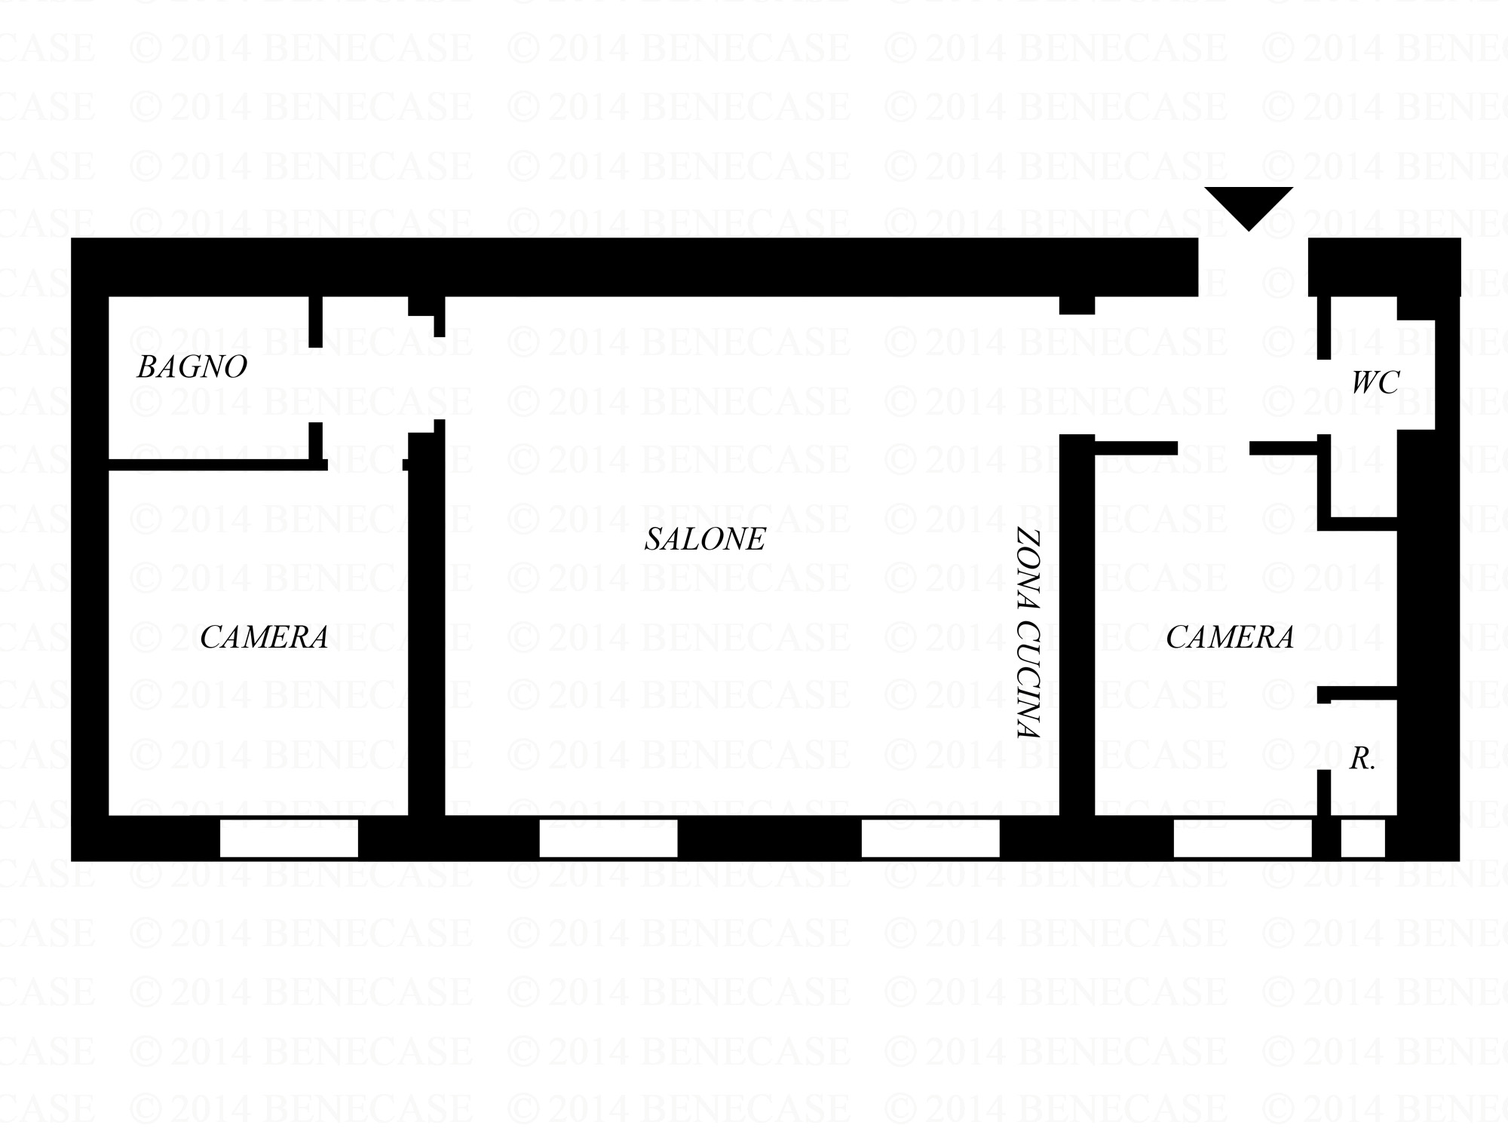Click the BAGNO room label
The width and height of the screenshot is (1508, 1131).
[192, 367]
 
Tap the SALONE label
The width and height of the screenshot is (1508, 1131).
[705, 539]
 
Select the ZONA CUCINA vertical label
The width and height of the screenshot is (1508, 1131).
[1028, 633]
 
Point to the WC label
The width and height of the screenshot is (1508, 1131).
[1375, 383]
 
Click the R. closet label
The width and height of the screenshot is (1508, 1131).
[1362, 759]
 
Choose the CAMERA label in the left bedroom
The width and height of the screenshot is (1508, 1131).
[264, 638]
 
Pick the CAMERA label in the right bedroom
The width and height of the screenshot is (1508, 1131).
[1230, 638]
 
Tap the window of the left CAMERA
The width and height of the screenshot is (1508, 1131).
[289, 838]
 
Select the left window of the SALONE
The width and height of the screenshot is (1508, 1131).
[608, 838]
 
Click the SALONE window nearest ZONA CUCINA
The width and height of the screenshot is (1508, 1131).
[930, 838]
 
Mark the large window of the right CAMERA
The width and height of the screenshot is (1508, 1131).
[1243, 838]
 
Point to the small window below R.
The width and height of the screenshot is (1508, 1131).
[1362, 838]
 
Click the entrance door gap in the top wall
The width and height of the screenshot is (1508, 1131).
[1253, 267]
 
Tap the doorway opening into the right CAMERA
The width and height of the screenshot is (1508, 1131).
[1213, 449]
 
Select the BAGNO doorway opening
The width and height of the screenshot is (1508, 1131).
[316, 385]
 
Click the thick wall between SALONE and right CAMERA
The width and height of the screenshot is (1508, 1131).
[1077, 626]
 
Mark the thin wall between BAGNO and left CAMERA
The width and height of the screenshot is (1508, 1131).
[211, 464]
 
